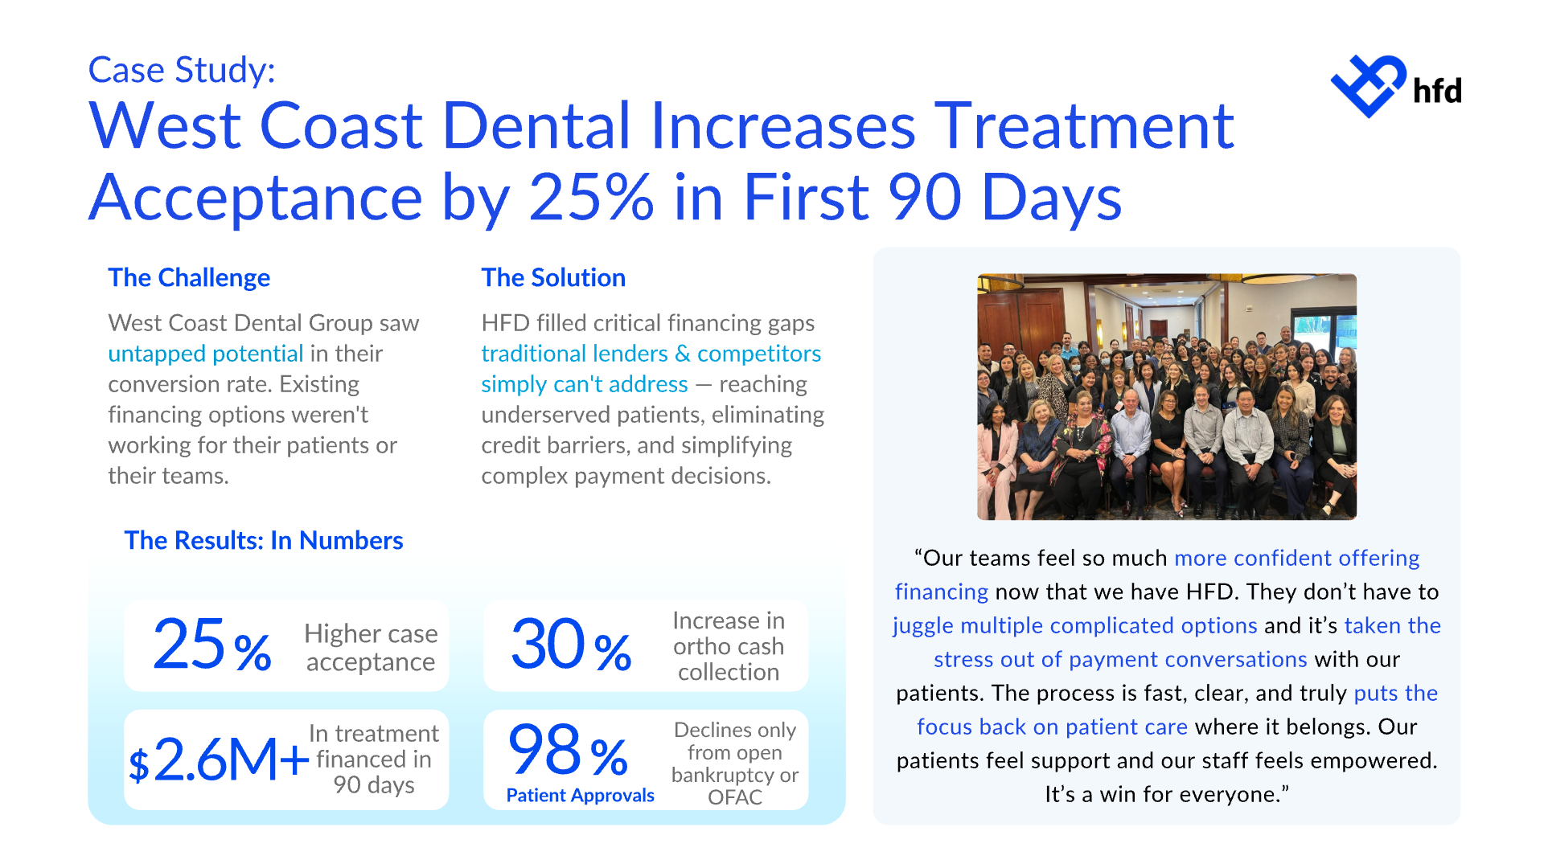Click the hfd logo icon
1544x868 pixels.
[x=1369, y=86]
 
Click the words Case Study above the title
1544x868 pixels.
[x=181, y=70]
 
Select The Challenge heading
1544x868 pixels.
[x=189, y=277]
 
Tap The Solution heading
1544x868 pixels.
[x=553, y=277]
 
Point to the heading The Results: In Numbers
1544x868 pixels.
[x=264, y=540]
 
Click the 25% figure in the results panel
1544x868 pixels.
[x=211, y=645]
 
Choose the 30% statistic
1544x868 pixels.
[x=571, y=645]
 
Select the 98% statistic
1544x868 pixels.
[x=568, y=750]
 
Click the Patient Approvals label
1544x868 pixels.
[x=580, y=795]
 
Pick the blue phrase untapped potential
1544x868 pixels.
[x=206, y=354]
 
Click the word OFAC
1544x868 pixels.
[x=734, y=797]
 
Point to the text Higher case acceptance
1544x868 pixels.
[x=371, y=648]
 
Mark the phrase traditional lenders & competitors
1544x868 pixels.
[x=651, y=354]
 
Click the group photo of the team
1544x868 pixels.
[x=1166, y=397]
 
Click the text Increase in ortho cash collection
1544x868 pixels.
[x=729, y=646]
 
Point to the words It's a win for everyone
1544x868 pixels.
[x=1166, y=794]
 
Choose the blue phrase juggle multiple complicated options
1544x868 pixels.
[x=1074, y=625]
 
